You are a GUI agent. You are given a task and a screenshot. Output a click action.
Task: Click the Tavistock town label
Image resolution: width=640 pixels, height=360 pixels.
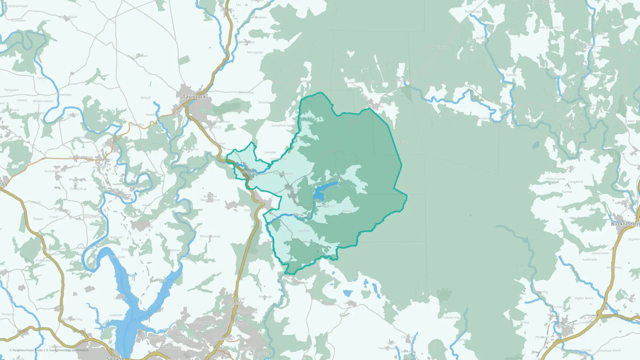(x=194, y=97)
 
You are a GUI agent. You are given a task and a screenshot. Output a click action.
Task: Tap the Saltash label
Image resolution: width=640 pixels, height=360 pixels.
(x=115, y=358)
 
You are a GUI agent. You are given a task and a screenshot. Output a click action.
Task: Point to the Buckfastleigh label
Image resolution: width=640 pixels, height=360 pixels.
(x=625, y=224)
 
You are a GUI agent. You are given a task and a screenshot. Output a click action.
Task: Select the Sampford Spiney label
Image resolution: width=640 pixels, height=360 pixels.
(x=283, y=125)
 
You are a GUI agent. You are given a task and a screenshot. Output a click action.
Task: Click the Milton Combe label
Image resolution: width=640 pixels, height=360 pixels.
(x=210, y=236)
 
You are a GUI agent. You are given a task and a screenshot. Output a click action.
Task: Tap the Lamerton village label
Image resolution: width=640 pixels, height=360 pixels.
(x=141, y=56)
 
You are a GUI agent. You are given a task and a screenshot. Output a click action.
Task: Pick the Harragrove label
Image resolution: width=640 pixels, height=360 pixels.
(x=255, y=52)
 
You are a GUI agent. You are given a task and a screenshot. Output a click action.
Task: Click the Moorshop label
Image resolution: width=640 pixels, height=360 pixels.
(x=246, y=92)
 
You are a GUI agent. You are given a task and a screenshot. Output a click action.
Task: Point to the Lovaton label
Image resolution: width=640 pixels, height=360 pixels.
(x=304, y=231)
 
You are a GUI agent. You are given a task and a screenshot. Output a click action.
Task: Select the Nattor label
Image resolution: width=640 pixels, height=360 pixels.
(x=347, y=211)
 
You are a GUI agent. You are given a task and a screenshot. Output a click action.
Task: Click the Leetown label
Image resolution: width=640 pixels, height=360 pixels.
(x=270, y=152)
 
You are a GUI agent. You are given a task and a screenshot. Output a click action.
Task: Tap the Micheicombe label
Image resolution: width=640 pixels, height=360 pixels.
(x=556, y=179)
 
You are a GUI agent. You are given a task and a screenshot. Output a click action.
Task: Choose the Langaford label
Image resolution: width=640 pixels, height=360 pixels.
(x=575, y=182)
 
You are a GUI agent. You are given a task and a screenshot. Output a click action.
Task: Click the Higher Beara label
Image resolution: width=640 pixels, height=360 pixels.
(x=584, y=298)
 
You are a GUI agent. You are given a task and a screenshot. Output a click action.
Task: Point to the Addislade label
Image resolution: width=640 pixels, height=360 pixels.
(x=589, y=260)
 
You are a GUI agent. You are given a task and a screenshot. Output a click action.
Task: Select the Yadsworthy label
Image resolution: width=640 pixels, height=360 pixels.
(x=451, y=317)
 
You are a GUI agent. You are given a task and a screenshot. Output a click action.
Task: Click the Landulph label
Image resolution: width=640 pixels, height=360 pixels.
(x=116, y=315)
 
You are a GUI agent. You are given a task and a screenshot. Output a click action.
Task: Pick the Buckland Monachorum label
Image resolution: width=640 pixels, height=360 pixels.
(x=210, y=198)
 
